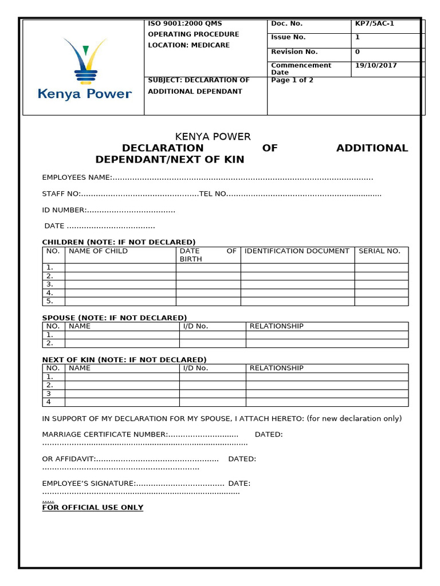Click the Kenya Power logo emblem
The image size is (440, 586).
pos(85,60)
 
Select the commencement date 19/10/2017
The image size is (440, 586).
pos(376,65)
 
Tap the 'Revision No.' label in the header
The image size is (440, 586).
pos(294,52)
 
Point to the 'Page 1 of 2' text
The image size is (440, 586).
pos(292,80)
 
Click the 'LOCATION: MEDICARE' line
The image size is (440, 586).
pos(188,45)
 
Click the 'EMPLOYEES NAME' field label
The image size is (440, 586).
pos(76,178)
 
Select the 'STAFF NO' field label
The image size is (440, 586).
pos(61,194)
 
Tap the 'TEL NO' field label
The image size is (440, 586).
pos(213,194)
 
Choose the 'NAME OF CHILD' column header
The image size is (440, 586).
pos(98,251)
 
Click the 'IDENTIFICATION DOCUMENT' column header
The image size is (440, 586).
pos(297,251)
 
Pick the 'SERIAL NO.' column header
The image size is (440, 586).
pos(379,251)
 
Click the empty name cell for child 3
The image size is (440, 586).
pos(120,284)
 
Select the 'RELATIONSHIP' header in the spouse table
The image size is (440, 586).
pos(276,326)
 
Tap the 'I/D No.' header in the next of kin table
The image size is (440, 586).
pos(195,368)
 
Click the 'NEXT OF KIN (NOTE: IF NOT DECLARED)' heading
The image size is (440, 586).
pos(124,359)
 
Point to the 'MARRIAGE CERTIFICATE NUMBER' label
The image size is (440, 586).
pos(105,434)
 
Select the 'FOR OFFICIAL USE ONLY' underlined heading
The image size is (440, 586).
pos(93,508)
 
